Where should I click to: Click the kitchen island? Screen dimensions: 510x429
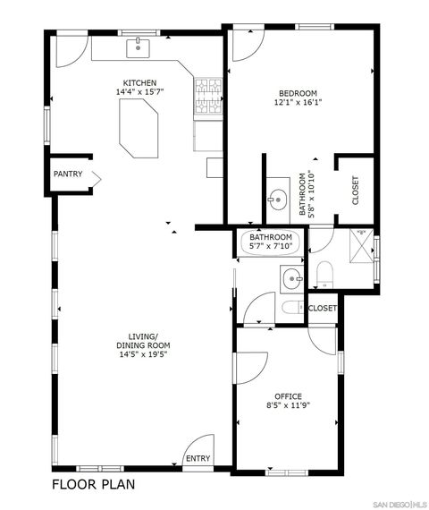139,125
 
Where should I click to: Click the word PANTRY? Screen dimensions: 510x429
69,174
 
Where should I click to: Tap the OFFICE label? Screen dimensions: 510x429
288,396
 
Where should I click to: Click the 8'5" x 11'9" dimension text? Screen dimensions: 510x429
288,406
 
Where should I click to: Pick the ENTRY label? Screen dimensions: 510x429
197,458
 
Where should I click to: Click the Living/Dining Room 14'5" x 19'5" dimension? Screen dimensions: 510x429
143,354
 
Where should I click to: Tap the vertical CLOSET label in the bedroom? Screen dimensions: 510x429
355,190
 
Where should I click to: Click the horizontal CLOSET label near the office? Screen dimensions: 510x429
323,308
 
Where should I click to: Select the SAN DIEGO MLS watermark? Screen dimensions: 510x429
399,503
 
